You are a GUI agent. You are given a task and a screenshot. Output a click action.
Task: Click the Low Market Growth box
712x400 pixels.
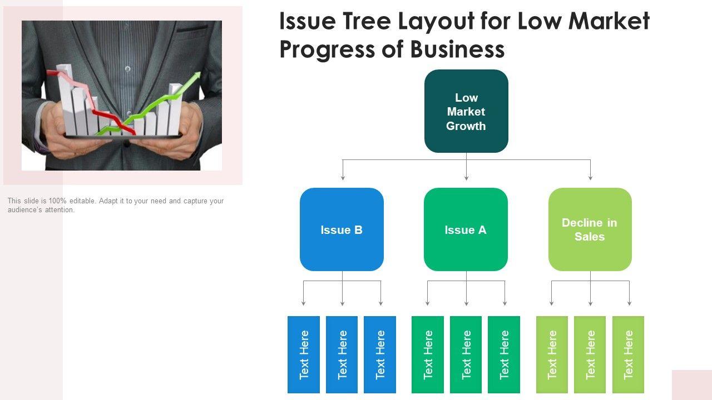pyautogui.click(x=466, y=111)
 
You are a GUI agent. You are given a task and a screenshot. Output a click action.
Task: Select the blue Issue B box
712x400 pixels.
pyautogui.click(x=342, y=229)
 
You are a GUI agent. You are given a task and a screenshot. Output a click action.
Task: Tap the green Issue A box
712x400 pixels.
pyautogui.click(x=466, y=229)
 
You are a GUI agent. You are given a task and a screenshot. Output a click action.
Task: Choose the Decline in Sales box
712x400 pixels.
pyautogui.click(x=590, y=229)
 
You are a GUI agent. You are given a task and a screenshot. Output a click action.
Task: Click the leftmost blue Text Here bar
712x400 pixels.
pyautogui.click(x=304, y=354)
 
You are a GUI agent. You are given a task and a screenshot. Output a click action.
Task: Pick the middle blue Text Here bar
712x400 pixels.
pyautogui.click(x=342, y=354)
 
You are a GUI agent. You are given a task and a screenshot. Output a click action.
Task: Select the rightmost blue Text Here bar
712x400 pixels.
pyautogui.click(x=380, y=354)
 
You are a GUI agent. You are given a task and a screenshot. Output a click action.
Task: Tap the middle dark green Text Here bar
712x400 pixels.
pyautogui.click(x=466, y=354)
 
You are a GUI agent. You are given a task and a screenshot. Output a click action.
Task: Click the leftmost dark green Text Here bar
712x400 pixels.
pyautogui.click(x=428, y=354)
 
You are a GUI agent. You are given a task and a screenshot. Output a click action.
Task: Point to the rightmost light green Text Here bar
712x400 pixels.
pyautogui.click(x=629, y=354)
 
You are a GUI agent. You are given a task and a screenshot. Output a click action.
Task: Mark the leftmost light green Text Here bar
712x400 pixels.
pyautogui.click(x=552, y=354)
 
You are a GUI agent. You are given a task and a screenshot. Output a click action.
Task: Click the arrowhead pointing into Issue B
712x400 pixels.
pyautogui.click(x=343, y=177)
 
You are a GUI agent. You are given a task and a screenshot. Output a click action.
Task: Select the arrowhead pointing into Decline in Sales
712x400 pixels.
pyautogui.click(x=590, y=177)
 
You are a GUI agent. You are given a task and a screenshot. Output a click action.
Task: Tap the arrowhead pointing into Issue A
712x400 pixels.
pyautogui.click(x=466, y=177)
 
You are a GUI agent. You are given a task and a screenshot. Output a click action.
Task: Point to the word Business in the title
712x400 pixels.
pyautogui.click(x=457, y=49)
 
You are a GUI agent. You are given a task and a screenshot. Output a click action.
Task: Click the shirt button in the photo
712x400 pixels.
pyautogui.click(x=128, y=69)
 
